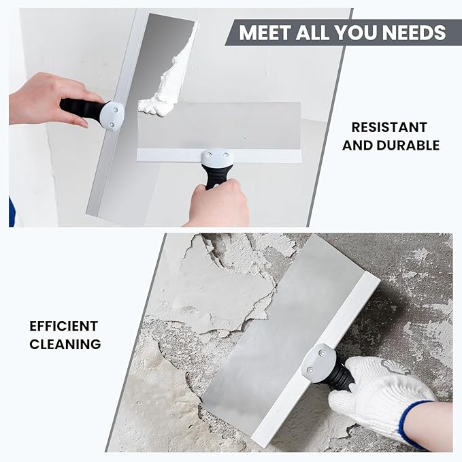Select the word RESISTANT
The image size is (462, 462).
pos(390,127)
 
